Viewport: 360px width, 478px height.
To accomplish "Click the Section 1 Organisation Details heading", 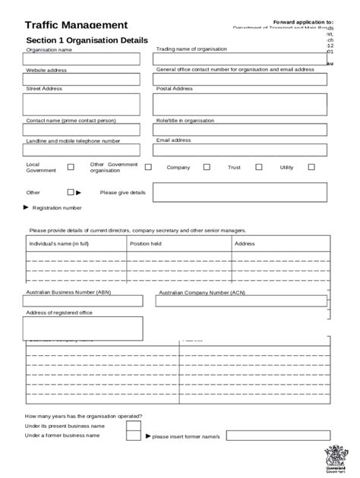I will pos(87,39).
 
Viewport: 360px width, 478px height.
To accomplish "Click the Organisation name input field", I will pos(82,59).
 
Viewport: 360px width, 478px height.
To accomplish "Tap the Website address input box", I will pos(82,80).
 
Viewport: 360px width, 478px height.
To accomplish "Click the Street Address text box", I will pos(82,104).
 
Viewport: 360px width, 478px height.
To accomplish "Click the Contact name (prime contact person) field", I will pos(82,130).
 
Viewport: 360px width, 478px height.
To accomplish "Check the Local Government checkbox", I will pos(71,168).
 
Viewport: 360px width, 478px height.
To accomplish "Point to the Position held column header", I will pos(146,244).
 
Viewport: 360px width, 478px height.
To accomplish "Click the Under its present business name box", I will pos(133,426).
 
